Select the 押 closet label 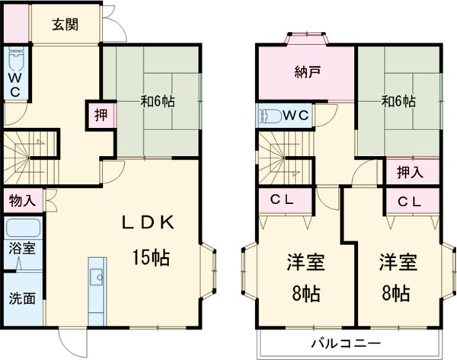(101, 116)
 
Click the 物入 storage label (21, 201)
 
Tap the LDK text (150, 222)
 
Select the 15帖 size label (149, 257)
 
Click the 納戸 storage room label (306, 74)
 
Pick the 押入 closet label (410, 171)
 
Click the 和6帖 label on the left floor (158, 99)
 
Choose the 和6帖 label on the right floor (397, 100)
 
